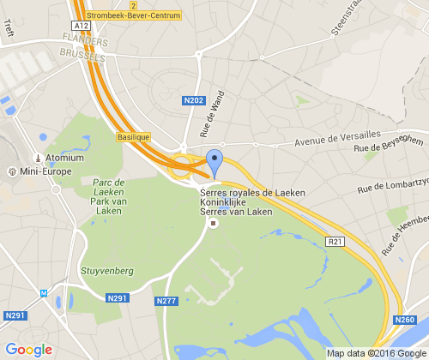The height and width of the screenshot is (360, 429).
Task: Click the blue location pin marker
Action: click(214, 161)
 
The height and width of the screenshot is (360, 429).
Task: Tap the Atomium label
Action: click(64, 158)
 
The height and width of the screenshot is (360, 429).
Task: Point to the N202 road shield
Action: click(194, 100)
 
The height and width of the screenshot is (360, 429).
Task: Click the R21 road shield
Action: click(335, 243)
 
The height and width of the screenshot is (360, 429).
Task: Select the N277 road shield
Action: click(167, 301)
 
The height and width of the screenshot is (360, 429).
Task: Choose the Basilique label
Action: click(133, 135)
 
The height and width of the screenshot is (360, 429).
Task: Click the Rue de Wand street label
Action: click(211, 114)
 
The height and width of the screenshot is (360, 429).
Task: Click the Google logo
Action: click(29, 350)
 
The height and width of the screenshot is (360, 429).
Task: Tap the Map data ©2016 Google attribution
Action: click(375, 352)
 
